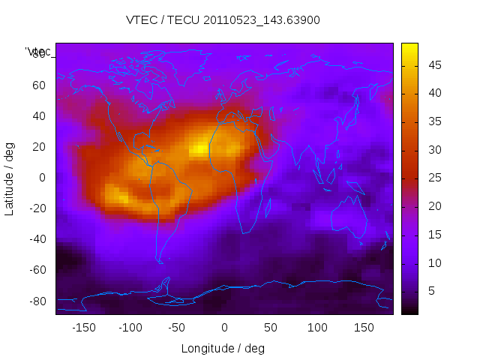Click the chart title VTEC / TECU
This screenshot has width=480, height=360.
[x=223, y=20]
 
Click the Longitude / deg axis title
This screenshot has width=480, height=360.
[x=223, y=349]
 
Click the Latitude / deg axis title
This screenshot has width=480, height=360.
[x=10, y=178]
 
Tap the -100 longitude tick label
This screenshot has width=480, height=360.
[x=130, y=328]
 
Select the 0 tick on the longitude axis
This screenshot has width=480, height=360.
[x=223, y=328]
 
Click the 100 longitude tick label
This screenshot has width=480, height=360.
[x=317, y=328]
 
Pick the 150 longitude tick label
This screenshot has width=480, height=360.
[x=364, y=328]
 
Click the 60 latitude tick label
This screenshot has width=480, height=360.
[x=37, y=85]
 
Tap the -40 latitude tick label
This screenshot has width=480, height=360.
[x=35, y=239]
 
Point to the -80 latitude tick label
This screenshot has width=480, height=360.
[x=35, y=301]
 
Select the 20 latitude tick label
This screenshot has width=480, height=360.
[x=37, y=147]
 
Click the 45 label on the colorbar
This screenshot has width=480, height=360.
[x=433, y=65]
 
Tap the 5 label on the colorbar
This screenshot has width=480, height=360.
[x=430, y=291]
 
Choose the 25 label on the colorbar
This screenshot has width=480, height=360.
[x=433, y=178]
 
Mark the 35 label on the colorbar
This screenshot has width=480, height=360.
[x=433, y=121]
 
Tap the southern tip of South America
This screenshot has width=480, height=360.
[x=160, y=260]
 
